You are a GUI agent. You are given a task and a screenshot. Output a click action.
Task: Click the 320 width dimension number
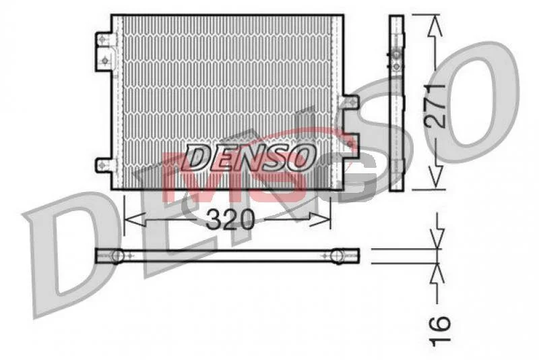click(230, 219)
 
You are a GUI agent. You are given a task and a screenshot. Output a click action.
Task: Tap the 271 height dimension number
click(435, 106)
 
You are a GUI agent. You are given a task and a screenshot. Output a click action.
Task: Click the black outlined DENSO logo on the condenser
click(250, 157)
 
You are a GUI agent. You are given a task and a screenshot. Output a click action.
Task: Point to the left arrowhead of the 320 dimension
click(133, 219)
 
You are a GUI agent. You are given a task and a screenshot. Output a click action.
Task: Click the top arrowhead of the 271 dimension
click(435, 25)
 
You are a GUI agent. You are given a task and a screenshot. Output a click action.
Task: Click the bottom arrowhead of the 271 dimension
click(435, 178)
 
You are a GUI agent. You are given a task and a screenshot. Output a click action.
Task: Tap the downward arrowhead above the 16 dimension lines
click(437, 238)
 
